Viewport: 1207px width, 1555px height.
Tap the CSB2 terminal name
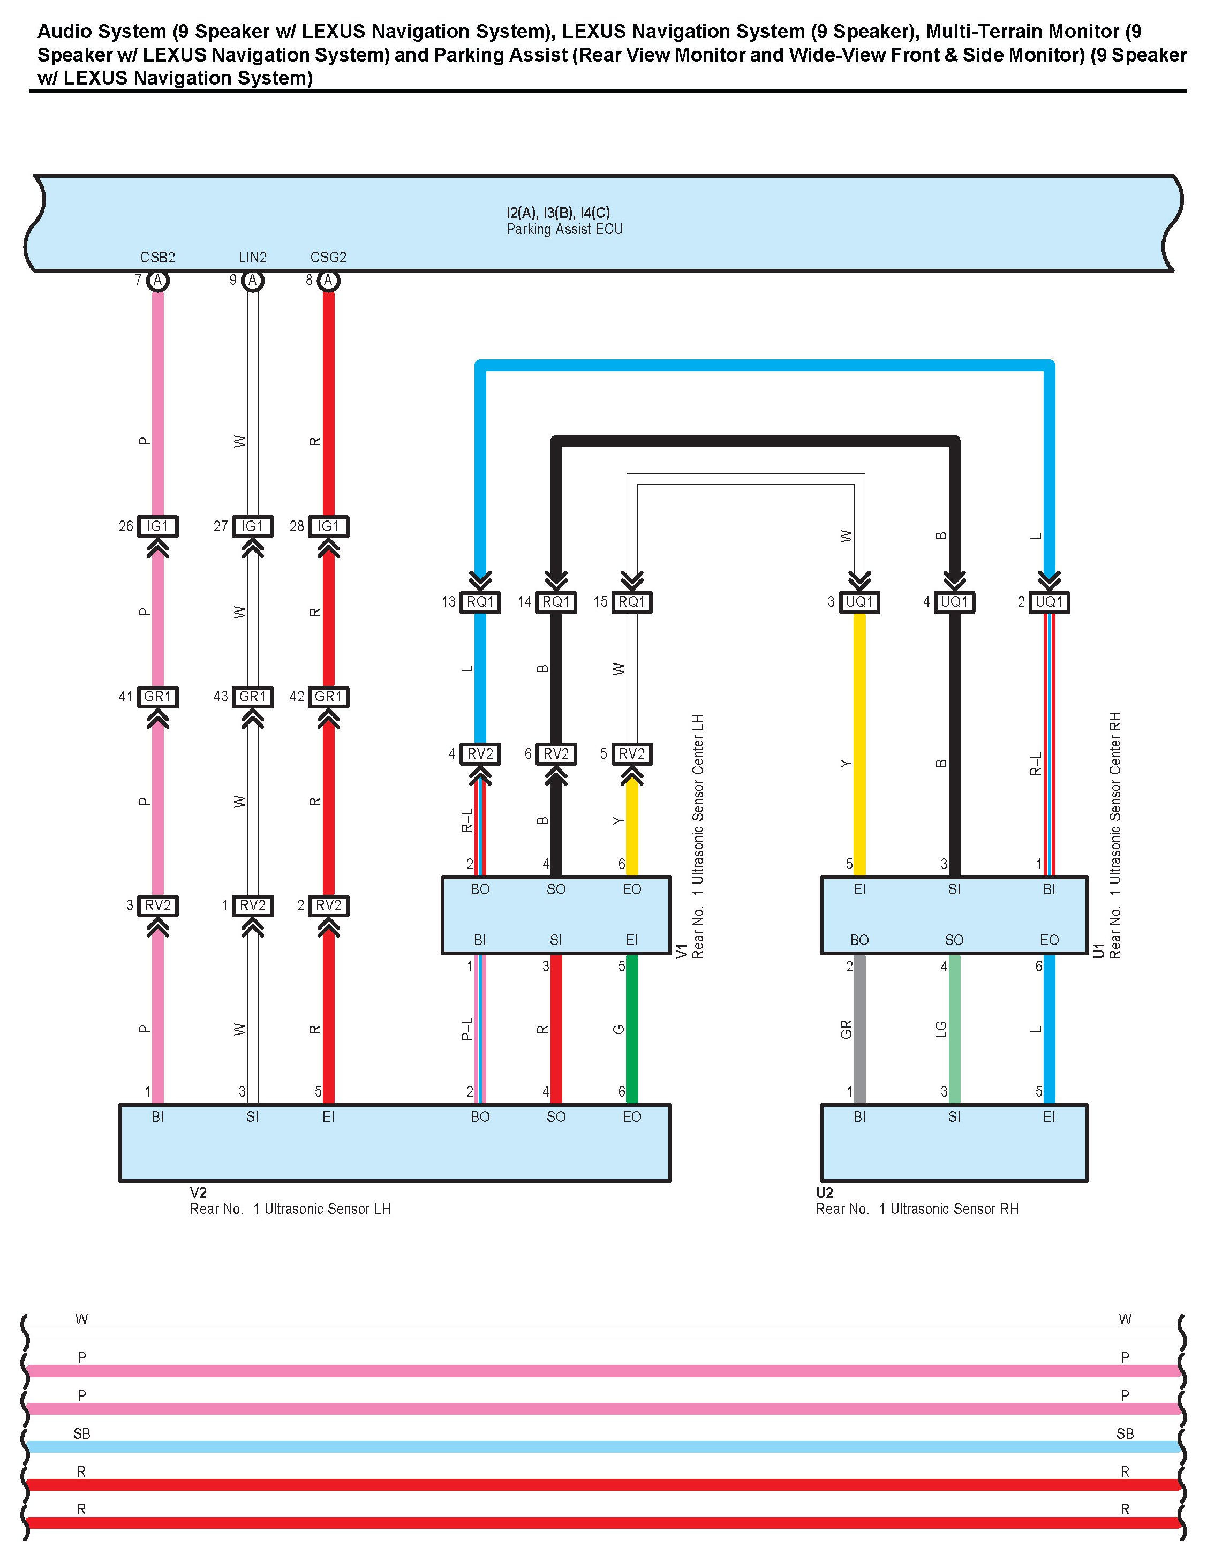pos(157,257)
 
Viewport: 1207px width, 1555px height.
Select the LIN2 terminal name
pos(252,257)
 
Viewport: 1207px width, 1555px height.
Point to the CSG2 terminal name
pos(328,257)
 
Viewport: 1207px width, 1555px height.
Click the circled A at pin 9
pos(252,281)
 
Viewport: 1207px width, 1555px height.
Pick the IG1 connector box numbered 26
pos(157,526)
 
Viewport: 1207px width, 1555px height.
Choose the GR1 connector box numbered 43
pos(252,696)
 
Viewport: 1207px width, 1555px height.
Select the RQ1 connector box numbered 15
pos(632,602)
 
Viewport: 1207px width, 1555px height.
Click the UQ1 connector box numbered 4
pos(954,602)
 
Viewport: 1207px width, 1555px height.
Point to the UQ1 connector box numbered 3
pos(859,602)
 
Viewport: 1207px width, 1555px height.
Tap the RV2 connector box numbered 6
pos(556,753)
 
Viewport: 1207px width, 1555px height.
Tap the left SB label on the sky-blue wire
pos(82,1433)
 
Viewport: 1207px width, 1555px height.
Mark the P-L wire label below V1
pos(466,1029)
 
